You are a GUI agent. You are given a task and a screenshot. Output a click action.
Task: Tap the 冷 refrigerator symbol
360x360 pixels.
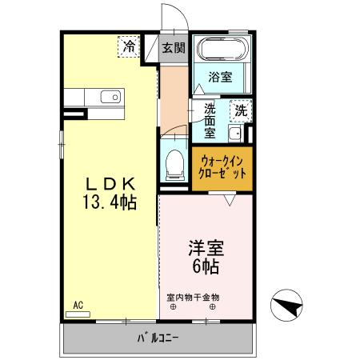tap(129, 46)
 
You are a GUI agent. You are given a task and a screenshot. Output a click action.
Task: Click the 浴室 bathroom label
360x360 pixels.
tap(220, 78)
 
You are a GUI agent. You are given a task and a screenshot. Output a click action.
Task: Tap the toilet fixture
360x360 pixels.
tap(172, 165)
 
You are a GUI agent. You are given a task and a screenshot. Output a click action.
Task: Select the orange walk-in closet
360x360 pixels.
tap(222, 167)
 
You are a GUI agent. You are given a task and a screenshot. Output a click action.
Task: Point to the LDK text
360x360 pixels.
tap(110, 183)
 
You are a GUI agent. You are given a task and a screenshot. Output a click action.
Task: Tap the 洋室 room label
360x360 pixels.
tap(206, 246)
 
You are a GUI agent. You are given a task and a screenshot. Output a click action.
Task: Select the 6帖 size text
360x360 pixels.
tap(206, 265)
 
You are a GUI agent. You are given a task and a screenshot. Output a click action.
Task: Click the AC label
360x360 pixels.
tap(78, 304)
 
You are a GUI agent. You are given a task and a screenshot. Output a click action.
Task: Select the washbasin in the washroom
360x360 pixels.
tap(235, 134)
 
